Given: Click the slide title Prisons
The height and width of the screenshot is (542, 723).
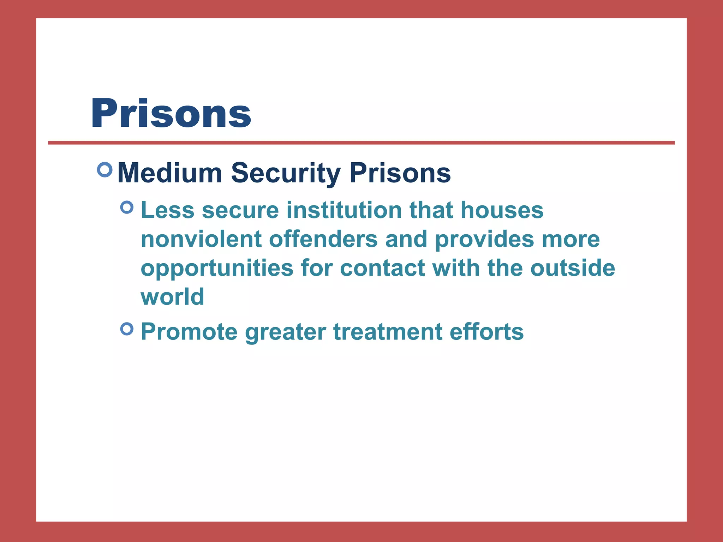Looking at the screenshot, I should click(x=171, y=113).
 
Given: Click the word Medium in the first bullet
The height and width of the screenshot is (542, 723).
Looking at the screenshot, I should click(x=169, y=173).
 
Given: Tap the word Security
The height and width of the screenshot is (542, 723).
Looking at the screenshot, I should click(x=286, y=173).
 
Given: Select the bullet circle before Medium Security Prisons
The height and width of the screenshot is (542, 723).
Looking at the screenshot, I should click(x=104, y=170).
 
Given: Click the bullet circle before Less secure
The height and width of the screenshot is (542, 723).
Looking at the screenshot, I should click(x=127, y=207).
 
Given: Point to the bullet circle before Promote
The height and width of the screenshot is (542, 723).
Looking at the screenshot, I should click(x=127, y=329).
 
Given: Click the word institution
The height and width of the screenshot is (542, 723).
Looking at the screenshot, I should click(x=344, y=210).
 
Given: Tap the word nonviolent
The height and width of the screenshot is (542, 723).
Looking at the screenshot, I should click(x=201, y=239).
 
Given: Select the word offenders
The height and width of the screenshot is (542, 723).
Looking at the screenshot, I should click(x=323, y=239).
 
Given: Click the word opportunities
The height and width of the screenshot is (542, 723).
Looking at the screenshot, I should click(x=217, y=268).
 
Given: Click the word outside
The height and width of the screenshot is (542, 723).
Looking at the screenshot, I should click(x=573, y=268).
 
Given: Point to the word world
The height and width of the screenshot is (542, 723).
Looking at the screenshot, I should click(x=172, y=297).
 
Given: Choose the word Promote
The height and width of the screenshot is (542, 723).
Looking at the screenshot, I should click(x=189, y=332).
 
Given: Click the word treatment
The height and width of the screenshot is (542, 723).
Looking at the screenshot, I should click(x=388, y=332).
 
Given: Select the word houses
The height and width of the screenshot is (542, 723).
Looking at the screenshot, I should click(x=502, y=210).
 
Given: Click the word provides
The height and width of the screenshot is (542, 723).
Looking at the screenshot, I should click(x=484, y=239).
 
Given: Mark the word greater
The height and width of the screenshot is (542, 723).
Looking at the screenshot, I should click(x=285, y=332).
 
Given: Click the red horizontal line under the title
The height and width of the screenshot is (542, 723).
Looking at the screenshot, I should click(x=361, y=143).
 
